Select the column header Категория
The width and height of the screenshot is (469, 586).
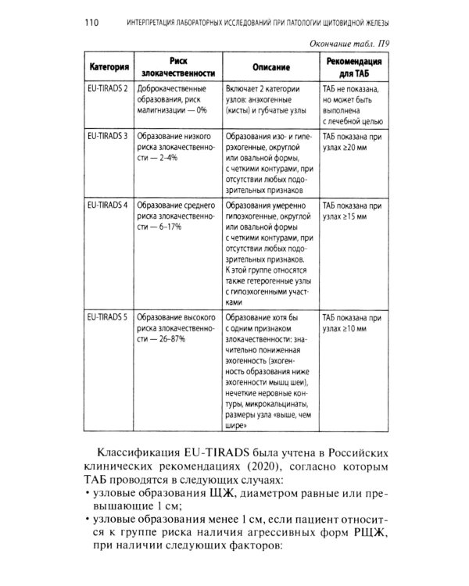[x=109, y=67]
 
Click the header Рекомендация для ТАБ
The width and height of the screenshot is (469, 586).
[x=353, y=67]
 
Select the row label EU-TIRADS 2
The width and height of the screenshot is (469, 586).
[x=109, y=90]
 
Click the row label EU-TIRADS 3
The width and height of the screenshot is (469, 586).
[x=109, y=136]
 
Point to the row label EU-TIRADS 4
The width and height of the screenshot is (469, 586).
[x=109, y=205]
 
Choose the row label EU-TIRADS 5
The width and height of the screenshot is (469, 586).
[x=109, y=319]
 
